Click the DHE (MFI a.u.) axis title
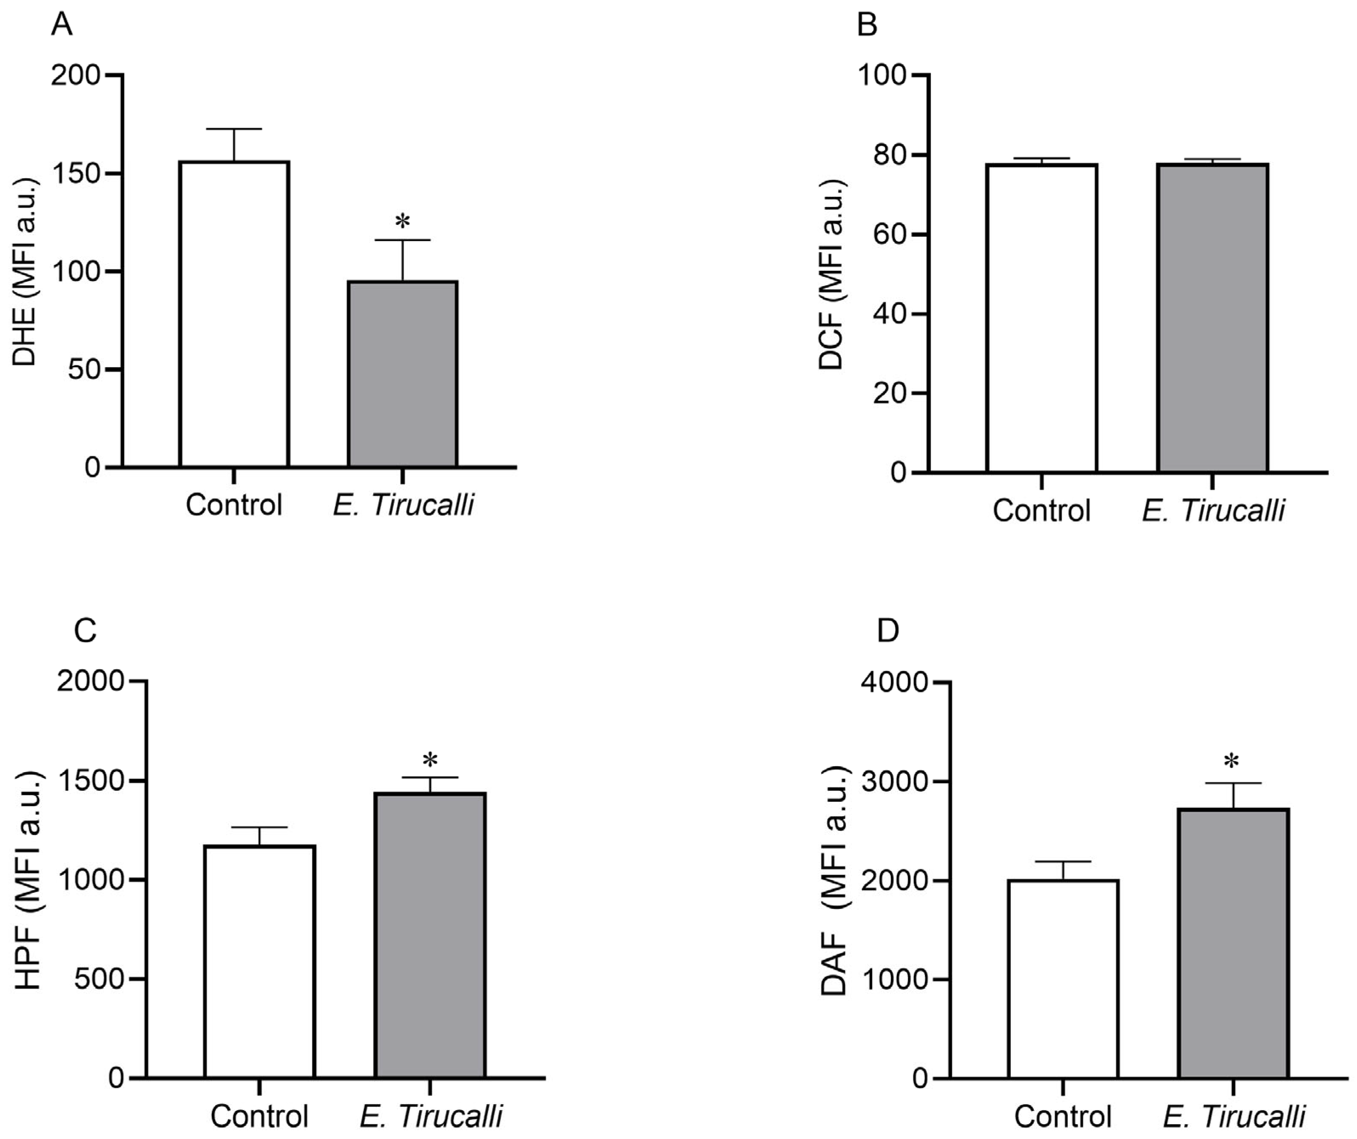(25, 271)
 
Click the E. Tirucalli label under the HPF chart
(431, 1116)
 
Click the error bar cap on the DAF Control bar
(1063, 862)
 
